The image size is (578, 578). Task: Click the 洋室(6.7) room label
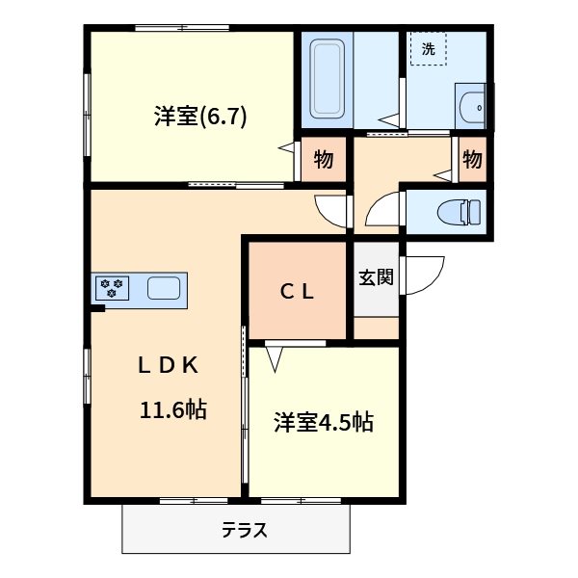click(x=200, y=117)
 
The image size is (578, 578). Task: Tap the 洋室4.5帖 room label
click(x=323, y=422)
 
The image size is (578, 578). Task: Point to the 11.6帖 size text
click(x=173, y=409)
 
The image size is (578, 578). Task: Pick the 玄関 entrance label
click(x=377, y=277)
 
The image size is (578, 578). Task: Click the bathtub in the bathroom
click(x=328, y=81)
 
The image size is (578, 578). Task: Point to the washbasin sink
click(x=472, y=107)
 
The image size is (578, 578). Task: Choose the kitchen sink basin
click(x=162, y=287)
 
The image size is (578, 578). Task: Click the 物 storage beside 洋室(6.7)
click(x=323, y=160)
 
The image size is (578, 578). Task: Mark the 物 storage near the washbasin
click(x=472, y=160)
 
